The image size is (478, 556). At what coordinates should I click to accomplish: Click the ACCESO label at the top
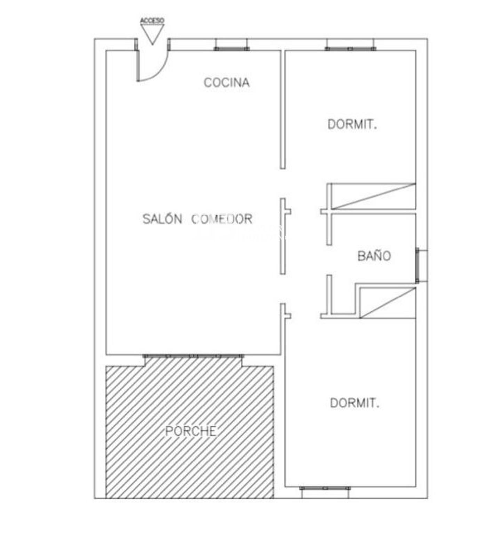click(x=152, y=21)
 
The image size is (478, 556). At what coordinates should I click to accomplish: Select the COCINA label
click(x=226, y=83)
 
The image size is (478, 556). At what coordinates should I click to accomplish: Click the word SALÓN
click(x=162, y=219)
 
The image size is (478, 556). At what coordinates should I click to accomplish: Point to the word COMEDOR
click(x=222, y=219)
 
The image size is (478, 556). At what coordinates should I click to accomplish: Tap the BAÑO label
click(x=374, y=256)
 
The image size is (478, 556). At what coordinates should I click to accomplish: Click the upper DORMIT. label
click(x=352, y=124)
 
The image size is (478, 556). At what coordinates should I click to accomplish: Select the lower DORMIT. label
click(x=354, y=403)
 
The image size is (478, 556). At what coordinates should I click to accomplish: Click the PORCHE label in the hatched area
click(x=191, y=431)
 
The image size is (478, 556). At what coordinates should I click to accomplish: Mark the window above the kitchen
click(x=231, y=49)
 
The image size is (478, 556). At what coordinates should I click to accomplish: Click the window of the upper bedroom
click(x=350, y=49)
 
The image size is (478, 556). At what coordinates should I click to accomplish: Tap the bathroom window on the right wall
click(x=417, y=265)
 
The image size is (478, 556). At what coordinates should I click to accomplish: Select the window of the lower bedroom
click(x=325, y=488)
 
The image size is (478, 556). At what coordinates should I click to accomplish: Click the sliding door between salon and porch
click(x=193, y=356)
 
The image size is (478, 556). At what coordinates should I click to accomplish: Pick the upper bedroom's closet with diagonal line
click(x=373, y=196)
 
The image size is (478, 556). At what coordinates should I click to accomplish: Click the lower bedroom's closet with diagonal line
click(x=388, y=302)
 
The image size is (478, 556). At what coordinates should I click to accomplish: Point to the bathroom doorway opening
click(x=329, y=260)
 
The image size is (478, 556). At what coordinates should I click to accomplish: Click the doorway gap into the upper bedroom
click(x=283, y=183)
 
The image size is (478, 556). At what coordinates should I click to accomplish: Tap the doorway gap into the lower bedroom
click(x=283, y=289)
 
